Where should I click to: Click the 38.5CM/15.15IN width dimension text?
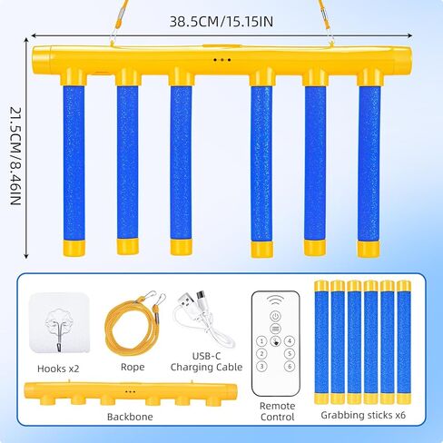(x=221, y=22)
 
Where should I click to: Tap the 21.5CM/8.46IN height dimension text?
(x=15, y=156)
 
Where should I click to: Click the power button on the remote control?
(x=275, y=317)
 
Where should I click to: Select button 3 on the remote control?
(x=261, y=367)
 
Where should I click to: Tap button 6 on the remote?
(x=290, y=367)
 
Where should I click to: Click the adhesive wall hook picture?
(x=59, y=323)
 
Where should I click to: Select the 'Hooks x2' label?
(x=58, y=369)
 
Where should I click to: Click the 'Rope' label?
(x=133, y=367)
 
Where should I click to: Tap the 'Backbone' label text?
(x=130, y=417)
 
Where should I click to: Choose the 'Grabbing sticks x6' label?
(x=363, y=415)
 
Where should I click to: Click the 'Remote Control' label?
(x=277, y=411)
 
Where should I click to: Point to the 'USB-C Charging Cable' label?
(x=206, y=361)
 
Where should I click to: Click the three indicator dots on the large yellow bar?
(x=222, y=60)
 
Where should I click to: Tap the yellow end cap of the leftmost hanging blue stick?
(x=74, y=248)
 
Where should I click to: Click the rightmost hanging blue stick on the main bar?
(x=369, y=163)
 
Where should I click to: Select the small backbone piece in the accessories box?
(x=131, y=393)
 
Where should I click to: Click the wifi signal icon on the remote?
(x=275, y=300)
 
